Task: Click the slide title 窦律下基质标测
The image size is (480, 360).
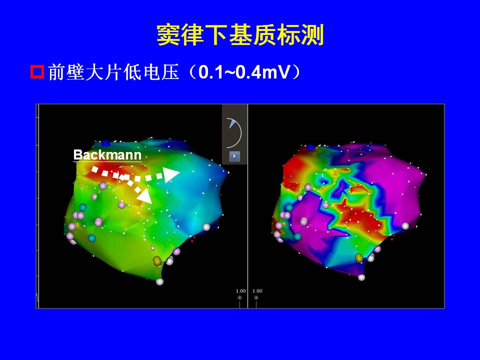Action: (240, 35)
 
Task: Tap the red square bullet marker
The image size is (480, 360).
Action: (37, 72)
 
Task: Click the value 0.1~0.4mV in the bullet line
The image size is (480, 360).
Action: (244, 72)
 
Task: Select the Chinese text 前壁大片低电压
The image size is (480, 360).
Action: (113, 72)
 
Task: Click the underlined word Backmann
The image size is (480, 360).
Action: (107, 155)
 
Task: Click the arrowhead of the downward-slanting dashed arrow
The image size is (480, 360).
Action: (145, 196)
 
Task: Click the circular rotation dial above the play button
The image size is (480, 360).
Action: (234, 133)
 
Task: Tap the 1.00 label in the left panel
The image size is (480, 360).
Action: (240, 291)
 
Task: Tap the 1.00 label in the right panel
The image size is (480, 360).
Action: (257, 291)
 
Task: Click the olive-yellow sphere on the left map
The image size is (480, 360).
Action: (157, 260)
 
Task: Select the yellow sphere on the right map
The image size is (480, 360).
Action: (359, 258)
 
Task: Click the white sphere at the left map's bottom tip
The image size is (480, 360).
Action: (159, 281)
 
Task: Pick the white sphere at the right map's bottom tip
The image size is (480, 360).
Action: (361, 277)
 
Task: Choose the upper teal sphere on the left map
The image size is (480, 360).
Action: (82, 207)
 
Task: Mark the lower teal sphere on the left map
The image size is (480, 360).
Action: (91, 238)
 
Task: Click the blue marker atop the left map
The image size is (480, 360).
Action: (106, 143)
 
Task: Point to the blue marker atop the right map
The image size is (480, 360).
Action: (311, 147)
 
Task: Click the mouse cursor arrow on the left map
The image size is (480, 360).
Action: (153, 248)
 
